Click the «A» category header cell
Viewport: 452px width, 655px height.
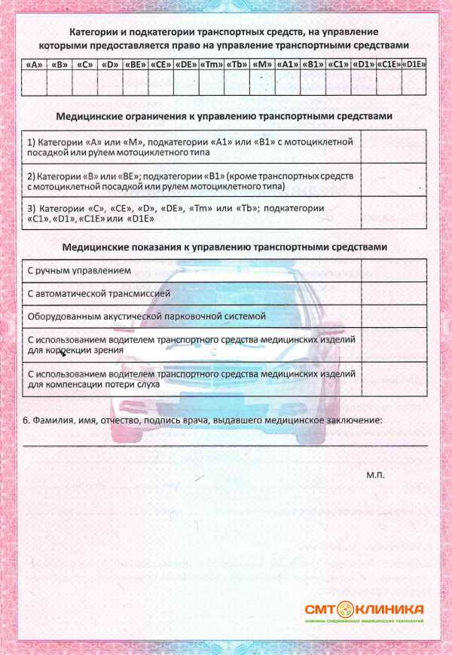34,65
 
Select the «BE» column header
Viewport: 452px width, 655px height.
136,65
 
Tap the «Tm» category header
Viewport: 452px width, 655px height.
212,65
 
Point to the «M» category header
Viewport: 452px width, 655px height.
262,65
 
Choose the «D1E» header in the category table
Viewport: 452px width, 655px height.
414,65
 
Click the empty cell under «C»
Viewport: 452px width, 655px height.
85,83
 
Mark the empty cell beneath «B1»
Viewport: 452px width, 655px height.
313,83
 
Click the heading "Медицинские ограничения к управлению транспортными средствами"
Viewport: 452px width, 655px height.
224,117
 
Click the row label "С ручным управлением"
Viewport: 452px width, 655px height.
79,270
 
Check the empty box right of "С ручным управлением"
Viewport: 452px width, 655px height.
393,270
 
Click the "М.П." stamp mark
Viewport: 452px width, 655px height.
375,476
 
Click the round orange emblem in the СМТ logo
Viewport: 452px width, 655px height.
345,609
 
